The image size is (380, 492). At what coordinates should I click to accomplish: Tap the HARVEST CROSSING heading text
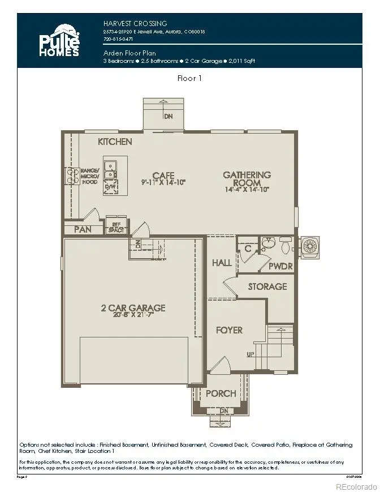coord(135,23)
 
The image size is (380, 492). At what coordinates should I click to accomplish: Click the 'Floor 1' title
coord(189,79)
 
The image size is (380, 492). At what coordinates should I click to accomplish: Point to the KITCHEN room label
coord(115,142)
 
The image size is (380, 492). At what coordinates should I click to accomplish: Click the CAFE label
coord(163,176)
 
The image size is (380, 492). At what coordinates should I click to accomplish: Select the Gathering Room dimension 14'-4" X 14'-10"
coord(246,191)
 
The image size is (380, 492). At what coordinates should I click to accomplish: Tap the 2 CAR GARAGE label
coord(133,308)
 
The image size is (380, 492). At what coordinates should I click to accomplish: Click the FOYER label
coord(229,330)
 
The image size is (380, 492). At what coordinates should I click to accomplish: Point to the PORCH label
coord(220,394)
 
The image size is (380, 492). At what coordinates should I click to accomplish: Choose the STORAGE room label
coord(267,286)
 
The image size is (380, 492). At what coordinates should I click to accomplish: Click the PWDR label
coord(279,265)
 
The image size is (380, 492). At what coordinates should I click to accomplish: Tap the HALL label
coord(221,263)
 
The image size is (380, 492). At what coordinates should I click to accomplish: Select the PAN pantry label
coord(83,229)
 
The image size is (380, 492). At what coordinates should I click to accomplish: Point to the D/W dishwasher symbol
coord(111,186)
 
